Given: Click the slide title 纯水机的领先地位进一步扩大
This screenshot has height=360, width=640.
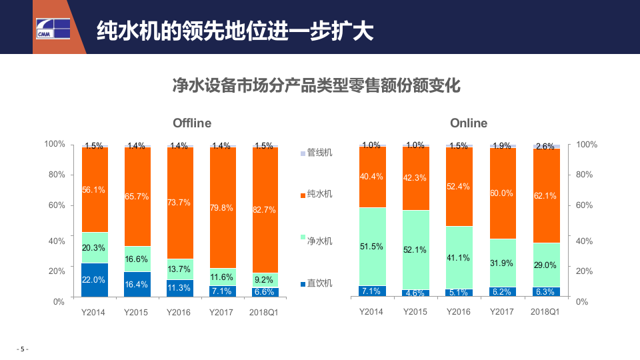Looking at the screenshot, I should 235,30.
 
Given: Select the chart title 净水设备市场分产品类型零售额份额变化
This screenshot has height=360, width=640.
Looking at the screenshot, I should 317,87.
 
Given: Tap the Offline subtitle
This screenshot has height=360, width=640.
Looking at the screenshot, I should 192,123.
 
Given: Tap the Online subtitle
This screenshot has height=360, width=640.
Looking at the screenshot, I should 469,123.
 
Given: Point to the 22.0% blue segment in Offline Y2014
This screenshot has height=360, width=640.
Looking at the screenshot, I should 95,280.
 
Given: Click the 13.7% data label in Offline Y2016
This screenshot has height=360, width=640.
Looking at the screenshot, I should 180,269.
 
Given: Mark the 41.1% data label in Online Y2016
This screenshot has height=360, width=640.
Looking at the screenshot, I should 458,258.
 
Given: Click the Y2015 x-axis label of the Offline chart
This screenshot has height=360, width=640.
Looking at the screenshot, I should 137,311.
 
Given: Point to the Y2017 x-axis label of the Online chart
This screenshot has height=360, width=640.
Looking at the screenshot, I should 503,311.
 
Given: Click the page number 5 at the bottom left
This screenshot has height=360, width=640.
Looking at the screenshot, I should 22,349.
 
